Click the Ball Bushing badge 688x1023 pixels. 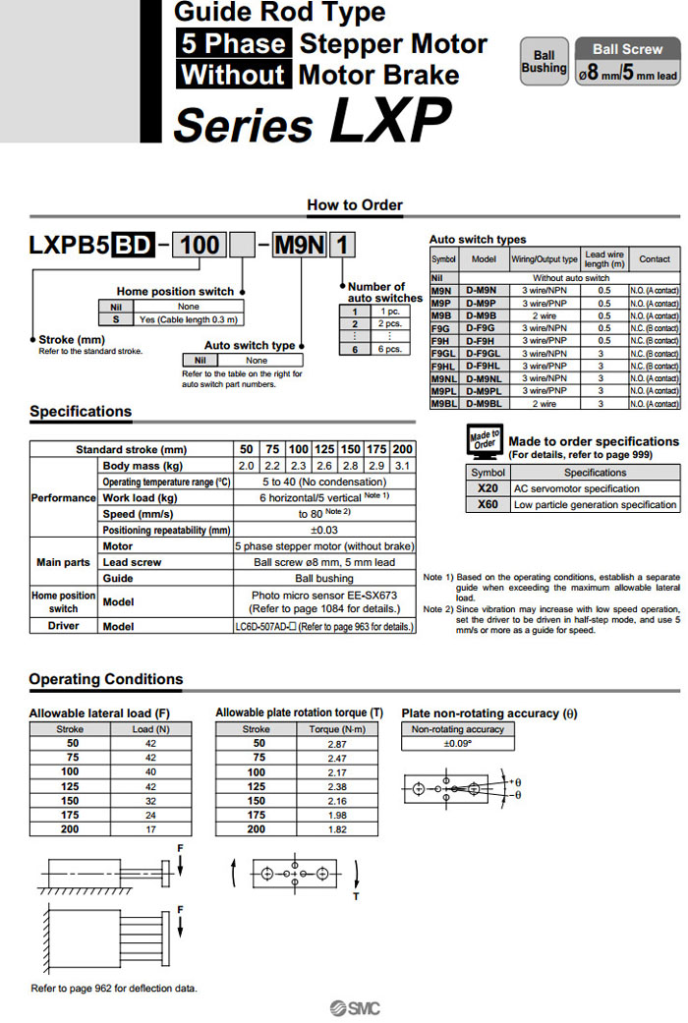tap(544, 62)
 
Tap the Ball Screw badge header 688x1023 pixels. tap(627, 49)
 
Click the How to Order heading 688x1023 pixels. tap(355, 205)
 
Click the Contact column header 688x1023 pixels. tap(654, 259)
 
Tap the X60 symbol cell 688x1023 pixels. tap(487, 504)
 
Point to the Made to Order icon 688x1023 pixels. tap(484, 441)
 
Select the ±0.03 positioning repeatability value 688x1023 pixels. tap(323, 531)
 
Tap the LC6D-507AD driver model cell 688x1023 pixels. tap(323, 626)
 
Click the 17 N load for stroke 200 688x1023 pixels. tap(150, 829)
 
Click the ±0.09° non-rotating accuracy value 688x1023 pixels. tap(457, 743)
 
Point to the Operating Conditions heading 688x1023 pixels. tap(106, 679)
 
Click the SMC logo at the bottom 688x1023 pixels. tap(354, 1007)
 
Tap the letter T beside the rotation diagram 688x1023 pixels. tap(356, 895)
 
